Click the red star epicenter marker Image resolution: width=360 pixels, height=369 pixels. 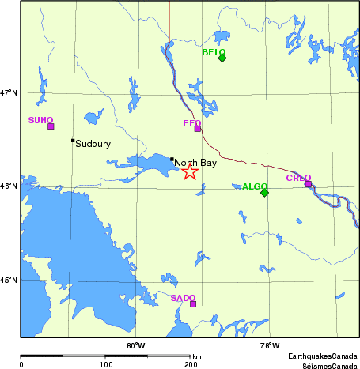190,171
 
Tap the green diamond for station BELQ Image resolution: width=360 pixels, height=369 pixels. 222,58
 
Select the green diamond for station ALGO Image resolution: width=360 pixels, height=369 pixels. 264,193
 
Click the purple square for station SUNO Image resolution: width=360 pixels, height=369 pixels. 51,126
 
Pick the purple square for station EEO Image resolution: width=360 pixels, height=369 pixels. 198,129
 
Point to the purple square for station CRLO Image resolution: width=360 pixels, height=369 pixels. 308,184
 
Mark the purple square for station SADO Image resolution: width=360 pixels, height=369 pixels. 193,304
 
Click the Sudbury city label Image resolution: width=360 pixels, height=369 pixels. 93,145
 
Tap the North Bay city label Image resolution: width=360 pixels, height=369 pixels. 195,163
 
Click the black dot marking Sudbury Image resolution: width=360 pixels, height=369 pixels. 73,141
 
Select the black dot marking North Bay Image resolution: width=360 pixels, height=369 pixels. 172,159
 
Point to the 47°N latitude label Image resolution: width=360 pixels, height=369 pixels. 9,92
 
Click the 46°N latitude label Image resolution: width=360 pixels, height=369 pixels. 9,186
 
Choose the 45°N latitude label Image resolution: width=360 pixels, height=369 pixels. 9,280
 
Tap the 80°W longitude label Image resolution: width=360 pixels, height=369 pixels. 136,345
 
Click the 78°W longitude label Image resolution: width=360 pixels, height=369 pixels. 269,345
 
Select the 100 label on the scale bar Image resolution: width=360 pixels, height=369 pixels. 105,364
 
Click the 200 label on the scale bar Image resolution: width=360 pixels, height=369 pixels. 191,364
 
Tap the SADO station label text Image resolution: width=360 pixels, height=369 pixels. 183,298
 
